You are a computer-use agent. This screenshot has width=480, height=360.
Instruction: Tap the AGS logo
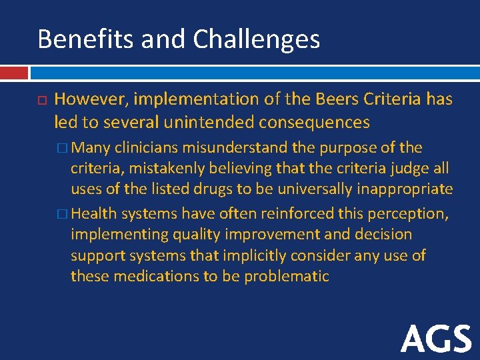pos(437,339)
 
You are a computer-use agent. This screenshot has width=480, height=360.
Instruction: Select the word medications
pos(153,276)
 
